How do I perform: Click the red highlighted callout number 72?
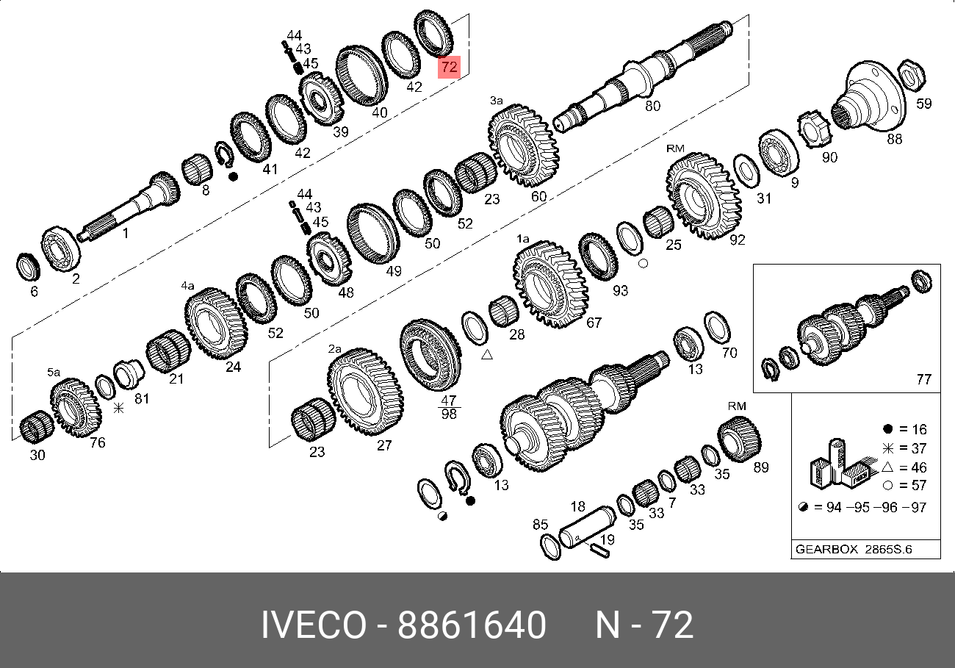449,67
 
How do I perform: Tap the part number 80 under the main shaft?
652,105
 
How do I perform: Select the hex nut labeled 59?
912,76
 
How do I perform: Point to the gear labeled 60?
524,146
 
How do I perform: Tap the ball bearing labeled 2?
60,248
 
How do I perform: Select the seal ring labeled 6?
28,267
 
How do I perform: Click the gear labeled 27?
365,392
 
